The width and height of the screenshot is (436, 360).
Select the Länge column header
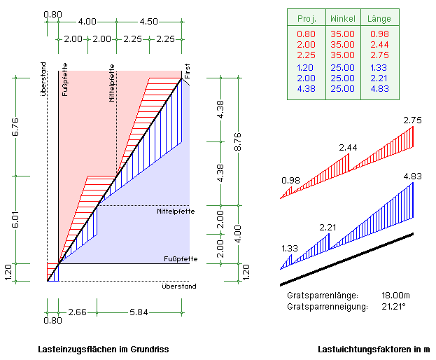(x=379, y=19)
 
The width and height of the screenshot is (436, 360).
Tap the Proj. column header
(x=307, y=19)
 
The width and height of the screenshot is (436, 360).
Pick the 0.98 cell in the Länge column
(x=379, y=34)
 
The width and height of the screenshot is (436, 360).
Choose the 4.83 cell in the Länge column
(x=379, y=88)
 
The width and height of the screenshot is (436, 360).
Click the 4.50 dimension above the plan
(x=148, y=22)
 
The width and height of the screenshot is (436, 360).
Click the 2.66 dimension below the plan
(x=77, y=312)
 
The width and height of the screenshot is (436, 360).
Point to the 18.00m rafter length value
(x=397, y=296)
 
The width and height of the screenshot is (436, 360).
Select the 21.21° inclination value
(x=395, y=307)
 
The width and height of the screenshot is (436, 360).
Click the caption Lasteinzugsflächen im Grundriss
(x=103, y=349)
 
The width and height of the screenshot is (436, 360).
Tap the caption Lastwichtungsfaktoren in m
(x=374, y=349)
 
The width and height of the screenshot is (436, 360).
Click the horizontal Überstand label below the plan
(x=179, y=286)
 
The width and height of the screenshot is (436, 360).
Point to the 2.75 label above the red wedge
(x=413, y=120)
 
